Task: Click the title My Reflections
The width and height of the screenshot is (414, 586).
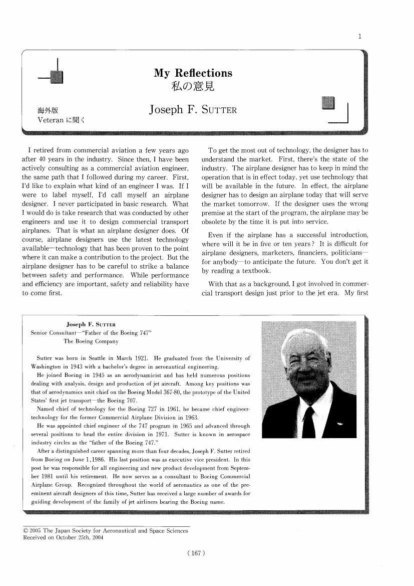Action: pos(193,73)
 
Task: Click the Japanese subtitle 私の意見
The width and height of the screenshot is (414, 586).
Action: pos(193,87)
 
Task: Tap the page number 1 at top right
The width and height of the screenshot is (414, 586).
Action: pos(360,36)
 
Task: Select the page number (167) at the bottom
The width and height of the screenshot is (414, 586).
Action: pos(196,553)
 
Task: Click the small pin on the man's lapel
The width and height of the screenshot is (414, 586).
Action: pos(340,424)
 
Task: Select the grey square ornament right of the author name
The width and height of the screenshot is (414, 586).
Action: pos(329,103)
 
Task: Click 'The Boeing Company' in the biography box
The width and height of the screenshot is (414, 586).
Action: pos(91,341)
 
